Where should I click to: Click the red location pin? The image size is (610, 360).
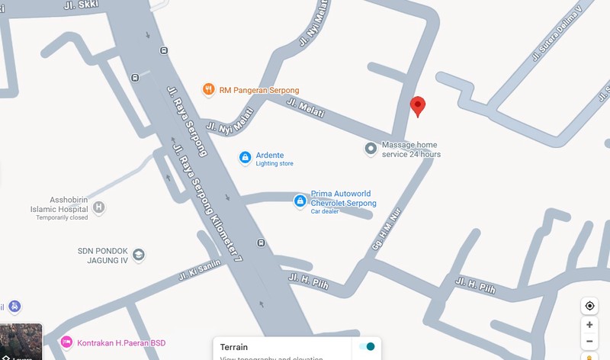tap(417, 106)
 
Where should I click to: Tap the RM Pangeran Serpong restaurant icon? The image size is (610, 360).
tap(208, 90)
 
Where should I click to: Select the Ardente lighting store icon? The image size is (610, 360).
tap(245, 158)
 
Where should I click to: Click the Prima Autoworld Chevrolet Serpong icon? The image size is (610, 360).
tap(300, 201)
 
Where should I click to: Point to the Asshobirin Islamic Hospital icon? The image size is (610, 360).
tap(98, 207)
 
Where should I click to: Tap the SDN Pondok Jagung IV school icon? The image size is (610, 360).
tap(138, 255)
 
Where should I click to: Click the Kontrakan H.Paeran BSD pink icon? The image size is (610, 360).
tap(66, 342)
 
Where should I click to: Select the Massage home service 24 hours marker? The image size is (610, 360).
tap(371, 149)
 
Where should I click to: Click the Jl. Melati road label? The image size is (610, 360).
tap(305, 108)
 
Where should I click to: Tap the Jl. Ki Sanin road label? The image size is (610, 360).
tap(199, 270)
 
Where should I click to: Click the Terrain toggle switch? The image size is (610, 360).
tap(367, 347)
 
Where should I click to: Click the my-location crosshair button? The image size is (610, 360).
tap(589, 306)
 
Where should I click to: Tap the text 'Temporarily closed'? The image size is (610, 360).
tap(62, 217)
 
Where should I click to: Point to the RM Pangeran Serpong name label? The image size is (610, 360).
tap(259, 90)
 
